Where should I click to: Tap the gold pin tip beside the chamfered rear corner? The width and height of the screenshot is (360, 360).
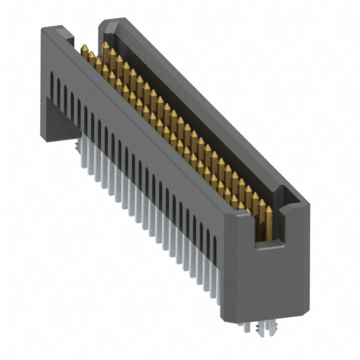[105, 44]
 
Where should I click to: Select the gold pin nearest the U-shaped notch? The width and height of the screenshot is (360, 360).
[269, 210]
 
